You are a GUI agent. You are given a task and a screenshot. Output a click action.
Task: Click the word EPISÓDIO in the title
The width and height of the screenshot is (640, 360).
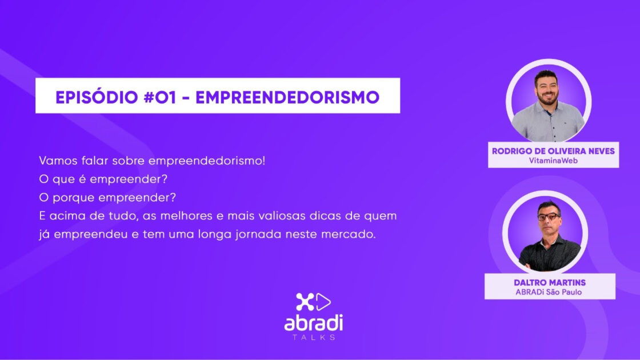pos(97,97)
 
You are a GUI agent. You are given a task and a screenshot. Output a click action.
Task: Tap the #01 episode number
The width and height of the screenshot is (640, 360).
pos(160,97)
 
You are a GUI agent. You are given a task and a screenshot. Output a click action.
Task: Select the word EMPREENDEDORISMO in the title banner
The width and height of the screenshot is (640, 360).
pos(287,97)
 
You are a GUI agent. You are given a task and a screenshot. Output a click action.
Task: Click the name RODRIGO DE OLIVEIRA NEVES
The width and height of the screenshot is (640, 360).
pos(553,151)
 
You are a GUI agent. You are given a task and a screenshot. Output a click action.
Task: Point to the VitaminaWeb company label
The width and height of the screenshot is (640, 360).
pos(553,161)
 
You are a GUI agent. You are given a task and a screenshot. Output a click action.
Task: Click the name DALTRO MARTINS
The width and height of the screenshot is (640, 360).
pos(549,282)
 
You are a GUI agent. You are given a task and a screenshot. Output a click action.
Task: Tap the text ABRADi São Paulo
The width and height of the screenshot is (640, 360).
pos(549,292)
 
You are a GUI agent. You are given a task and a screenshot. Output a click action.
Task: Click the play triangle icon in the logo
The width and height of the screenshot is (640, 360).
pos(323,302)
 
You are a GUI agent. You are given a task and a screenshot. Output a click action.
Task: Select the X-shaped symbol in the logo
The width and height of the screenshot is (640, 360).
pos(305,302)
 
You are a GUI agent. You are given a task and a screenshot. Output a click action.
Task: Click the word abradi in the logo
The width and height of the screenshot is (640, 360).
pos(314,323)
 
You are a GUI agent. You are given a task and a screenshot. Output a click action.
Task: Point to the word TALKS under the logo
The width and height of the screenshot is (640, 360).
pos(314,337)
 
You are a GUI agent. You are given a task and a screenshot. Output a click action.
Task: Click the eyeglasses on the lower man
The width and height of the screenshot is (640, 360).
pos(549,217)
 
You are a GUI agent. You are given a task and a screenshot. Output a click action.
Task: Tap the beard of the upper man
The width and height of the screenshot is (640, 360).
pos(547,98)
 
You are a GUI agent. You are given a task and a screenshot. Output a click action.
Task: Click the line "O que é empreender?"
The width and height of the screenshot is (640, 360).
pos(103,179)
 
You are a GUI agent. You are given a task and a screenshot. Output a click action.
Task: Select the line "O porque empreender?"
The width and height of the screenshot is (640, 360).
pos(107,198)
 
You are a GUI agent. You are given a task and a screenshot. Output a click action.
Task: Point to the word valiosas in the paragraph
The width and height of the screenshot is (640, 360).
pos(277,215)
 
